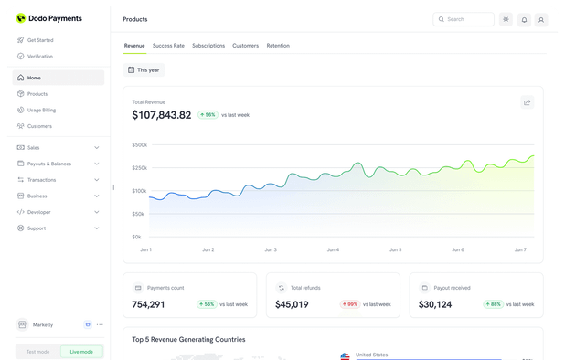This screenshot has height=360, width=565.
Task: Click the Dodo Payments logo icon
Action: coord(21,18)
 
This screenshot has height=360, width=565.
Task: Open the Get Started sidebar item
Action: coord(39,40)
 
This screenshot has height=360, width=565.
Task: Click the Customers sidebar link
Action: coord(39,126)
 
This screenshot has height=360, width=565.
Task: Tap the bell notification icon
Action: coord(524,19)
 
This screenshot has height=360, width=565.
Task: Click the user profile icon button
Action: coord(541,19)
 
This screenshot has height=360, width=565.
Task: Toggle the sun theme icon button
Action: coord(506,19)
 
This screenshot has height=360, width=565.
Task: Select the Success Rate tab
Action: coord(168,46)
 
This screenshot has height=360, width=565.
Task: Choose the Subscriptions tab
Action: coord(208,46)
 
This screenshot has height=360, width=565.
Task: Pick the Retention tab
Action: coord(278,46)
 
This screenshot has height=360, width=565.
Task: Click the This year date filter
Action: coord(144,69)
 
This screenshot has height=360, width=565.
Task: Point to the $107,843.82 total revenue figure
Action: coord(162,115)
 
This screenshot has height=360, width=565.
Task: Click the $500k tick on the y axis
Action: coord(139,144)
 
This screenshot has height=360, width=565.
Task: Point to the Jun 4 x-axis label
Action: coord(333,249)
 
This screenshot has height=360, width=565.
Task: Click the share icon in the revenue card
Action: coord(527,102)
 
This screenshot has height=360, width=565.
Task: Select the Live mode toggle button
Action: coord(81,352)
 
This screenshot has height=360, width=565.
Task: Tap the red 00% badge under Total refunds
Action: coord(349,304)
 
